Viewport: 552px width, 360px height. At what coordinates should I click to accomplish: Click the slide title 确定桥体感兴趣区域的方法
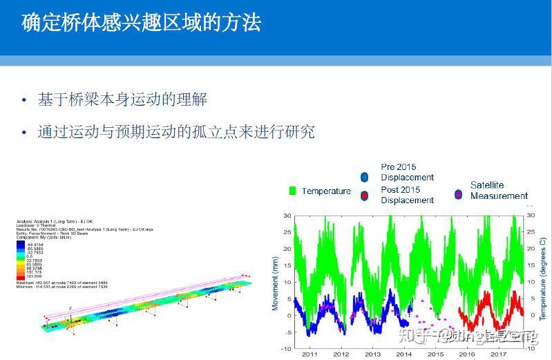[142, 22]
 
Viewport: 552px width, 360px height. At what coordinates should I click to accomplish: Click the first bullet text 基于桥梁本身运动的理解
[122, 100]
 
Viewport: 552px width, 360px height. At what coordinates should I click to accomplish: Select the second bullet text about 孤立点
[176, 131]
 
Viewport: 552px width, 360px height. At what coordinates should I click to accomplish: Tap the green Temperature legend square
[292, 191]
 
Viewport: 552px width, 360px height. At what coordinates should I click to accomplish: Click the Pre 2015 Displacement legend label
[407, 172]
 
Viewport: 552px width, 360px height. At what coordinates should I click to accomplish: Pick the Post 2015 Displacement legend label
[407, 195]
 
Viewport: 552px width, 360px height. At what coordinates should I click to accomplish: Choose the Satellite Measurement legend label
[499, 190]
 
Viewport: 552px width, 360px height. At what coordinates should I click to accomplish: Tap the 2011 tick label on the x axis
[310, 354]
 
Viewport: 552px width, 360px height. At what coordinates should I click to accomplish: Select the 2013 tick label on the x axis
[372, 354]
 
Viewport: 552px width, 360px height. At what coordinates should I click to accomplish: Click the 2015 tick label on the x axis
[435, 354]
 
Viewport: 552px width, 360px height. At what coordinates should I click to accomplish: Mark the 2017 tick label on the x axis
[498, 354]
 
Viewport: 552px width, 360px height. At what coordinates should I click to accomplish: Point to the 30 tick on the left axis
[287, 215]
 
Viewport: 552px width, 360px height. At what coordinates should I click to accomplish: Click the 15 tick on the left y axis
[287, 265]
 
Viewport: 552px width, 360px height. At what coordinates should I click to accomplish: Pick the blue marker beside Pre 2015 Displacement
[364, 176]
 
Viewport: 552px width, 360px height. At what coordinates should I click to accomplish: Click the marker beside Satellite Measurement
[457, 194]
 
